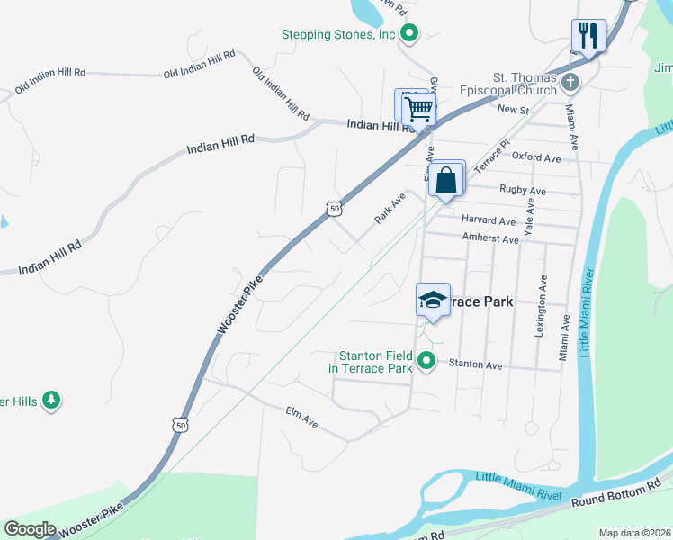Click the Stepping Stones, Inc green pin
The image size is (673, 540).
[409, 35]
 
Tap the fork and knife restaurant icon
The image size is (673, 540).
[588, 36]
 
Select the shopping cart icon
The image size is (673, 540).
[418, 110]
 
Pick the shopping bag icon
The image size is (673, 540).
[446, 180]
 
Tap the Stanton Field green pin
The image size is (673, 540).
[427, 362]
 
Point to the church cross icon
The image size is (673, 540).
[569, 84]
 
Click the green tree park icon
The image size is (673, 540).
[52, 400]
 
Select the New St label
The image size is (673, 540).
[512, 109]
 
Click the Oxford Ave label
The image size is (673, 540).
[536, 157]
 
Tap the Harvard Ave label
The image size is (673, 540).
[489, 220]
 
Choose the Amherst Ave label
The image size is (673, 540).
[490, 239]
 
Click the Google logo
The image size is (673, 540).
[30, 529]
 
